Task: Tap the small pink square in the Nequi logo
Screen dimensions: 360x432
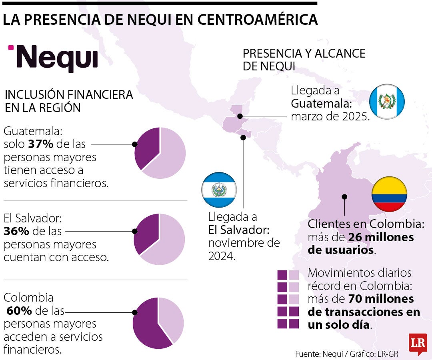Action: [x=11, y=48]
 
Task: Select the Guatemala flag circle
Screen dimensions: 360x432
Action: [x=386, y=102]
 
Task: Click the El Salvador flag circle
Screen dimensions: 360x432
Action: [x=219, y=190]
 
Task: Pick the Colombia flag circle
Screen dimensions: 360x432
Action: [x=389, y=194]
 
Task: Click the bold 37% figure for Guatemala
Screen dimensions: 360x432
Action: [x=40, y=144]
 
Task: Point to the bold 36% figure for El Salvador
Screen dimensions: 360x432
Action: [x=14, y=231]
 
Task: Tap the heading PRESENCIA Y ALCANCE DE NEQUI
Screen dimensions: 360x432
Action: [x=304, y=60]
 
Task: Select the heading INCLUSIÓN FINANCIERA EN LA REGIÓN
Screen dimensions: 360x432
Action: [x=68, y=101]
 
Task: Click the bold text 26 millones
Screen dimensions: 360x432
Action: [x=381, y=238]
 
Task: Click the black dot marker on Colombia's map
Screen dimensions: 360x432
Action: [x=344, y=196]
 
